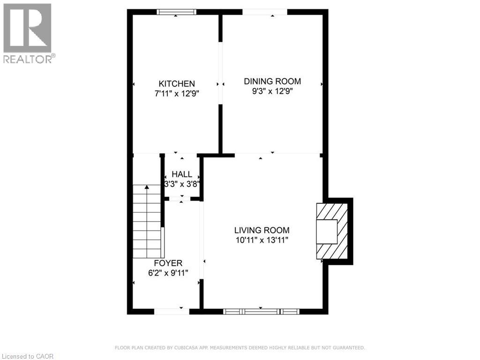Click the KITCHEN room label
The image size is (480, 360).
point(176,84)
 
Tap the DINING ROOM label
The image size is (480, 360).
point(272,81)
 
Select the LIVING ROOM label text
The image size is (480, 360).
point(262,230)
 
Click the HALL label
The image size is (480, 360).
point(182,174)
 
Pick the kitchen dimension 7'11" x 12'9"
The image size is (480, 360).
point(176,93)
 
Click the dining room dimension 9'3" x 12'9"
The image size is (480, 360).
point(272,91)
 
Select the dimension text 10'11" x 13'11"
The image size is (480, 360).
point(262,240)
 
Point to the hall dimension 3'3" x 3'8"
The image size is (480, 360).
point(182,184)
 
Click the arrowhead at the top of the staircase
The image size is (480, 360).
point(147,187)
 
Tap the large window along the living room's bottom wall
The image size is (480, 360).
point(261,311)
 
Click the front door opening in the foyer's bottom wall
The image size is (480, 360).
point(172,311)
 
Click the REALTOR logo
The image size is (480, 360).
point(28,33)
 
